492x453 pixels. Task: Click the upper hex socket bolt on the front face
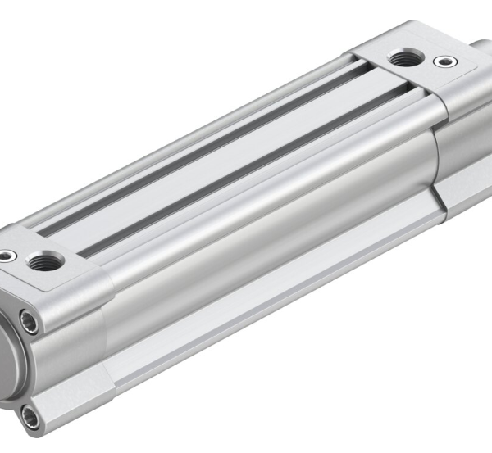(30, 323)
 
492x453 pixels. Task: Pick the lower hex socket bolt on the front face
(30, 419)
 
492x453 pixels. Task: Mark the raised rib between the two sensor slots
(221, 164)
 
